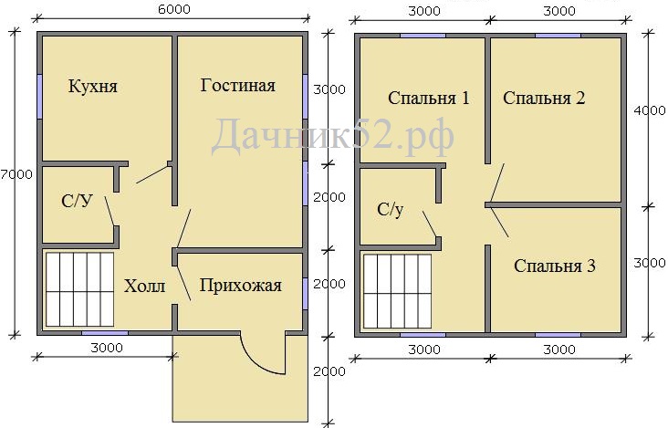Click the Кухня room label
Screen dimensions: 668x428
92,87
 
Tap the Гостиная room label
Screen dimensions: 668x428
237,85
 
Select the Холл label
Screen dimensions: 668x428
144,286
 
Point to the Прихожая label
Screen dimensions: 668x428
241,285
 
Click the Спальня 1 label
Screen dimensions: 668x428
429,98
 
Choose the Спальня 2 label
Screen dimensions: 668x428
544,98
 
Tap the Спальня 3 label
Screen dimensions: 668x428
555,266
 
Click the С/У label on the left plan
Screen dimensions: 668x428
77,201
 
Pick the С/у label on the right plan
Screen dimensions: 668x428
390,210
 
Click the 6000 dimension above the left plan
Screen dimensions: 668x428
173,9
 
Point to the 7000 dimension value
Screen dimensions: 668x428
16,174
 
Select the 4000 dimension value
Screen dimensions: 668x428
650,110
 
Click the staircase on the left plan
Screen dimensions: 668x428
79,289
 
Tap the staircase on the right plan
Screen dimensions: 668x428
397,291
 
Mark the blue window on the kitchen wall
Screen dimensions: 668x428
39,97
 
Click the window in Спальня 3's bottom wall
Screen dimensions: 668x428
558,335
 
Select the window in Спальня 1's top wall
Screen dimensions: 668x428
423,36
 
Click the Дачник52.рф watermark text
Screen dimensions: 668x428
332,136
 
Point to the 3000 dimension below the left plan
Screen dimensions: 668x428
107,348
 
